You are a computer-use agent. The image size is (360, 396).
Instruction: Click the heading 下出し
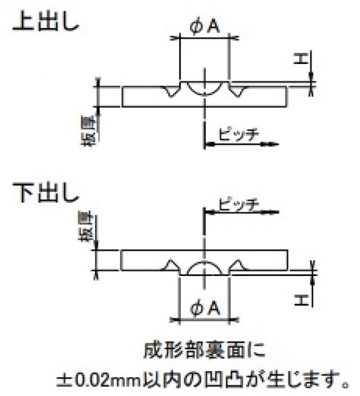(46, 192)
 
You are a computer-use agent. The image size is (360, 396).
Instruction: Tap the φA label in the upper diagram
(204, 27)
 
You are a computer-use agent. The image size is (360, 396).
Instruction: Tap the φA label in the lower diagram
(204, 309)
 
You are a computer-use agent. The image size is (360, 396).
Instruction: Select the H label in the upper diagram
(301, 59)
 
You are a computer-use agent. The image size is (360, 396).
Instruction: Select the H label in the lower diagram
(302, 299)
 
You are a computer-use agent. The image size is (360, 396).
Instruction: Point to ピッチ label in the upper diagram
(238, 135)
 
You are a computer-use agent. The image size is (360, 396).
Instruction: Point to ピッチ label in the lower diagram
(238, 204)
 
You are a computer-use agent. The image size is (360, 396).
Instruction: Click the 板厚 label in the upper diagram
(89, 131)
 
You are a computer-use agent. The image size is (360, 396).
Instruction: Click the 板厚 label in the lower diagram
(86, 227)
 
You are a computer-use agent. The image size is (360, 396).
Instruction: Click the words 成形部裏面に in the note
(204, 350)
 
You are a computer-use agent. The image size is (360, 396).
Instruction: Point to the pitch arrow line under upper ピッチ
(241, 144)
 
